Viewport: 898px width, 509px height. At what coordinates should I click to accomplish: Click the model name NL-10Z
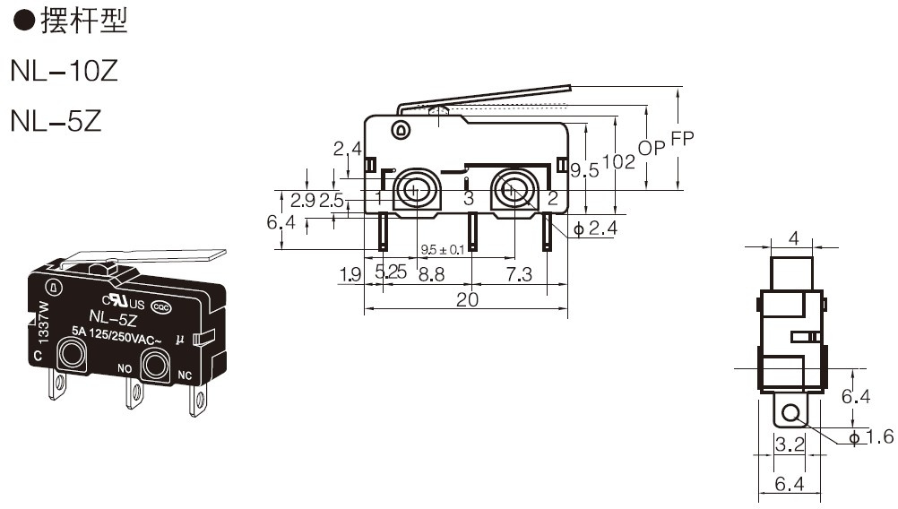[x=65, y=71]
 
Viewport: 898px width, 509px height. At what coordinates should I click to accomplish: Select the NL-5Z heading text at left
[x=56, y=120]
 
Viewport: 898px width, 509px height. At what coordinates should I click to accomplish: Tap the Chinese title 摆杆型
[x=83, y=21]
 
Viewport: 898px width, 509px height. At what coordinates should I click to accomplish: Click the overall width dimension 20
[x=467, y=299]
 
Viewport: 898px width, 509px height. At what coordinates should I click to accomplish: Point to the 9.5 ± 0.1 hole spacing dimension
[x=443, y=250]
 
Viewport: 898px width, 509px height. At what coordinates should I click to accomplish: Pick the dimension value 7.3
[x=519, y=274]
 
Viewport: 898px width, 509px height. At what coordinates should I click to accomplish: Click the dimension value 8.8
[x=431, y=274]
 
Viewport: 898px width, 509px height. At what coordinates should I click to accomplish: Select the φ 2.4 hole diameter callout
[x=596, y=229]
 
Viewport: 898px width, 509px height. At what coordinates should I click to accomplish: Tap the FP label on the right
[x=682, y=139]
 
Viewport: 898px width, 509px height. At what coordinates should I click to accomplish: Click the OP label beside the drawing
[x=652, y=148]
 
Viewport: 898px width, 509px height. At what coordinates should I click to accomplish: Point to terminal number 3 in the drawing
[x=469, y=199]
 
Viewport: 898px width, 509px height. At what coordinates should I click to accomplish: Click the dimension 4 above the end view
[x=793, y=237]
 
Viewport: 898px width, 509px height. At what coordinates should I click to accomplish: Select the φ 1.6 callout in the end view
[x=871, y=437]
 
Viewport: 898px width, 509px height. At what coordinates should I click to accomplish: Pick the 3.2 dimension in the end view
[x=790, y=444]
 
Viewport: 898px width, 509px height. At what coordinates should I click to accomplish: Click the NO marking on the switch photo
[x=125, y=368]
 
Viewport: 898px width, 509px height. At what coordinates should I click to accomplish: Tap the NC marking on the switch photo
[x=185, y=375]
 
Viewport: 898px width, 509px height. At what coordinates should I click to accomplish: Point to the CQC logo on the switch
[x=161, y=308]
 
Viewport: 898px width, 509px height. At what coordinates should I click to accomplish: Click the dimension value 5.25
[x=391, y=272]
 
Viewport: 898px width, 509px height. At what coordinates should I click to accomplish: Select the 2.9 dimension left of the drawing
[x=302, y=201]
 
